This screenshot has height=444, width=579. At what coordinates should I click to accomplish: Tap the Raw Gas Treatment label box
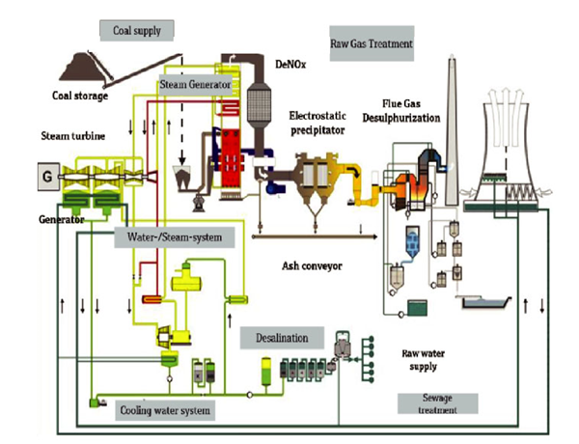point(372,43)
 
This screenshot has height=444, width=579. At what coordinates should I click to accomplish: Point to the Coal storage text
point(80,95)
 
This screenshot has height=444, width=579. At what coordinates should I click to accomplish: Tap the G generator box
point(44,178)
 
